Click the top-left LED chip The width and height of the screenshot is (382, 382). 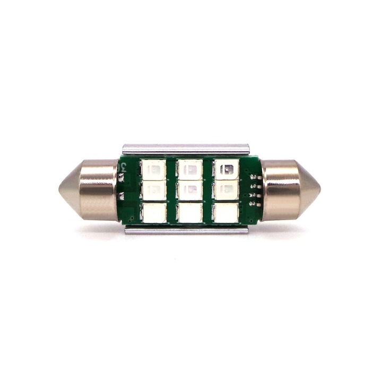pyautogui.click(x=154, y=170)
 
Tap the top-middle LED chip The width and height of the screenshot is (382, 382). pyautogui.click(x=190, y=170)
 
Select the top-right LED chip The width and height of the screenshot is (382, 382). pyautogui.click(x=226, y=170)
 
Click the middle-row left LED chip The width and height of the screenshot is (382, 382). pyautogui.click(x=154, y=190)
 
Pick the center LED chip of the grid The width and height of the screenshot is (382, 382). pyautogui.click(x=190, y=190)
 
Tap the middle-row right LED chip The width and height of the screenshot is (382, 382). pyautogui.click(x=226, y=190)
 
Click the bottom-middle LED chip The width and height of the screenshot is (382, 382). pyautogui.click(x=190, y=213)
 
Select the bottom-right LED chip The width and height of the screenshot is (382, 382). pyautogui.click(x=226, y=213)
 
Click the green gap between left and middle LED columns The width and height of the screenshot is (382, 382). pyautogui.click(x=172, y=191)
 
